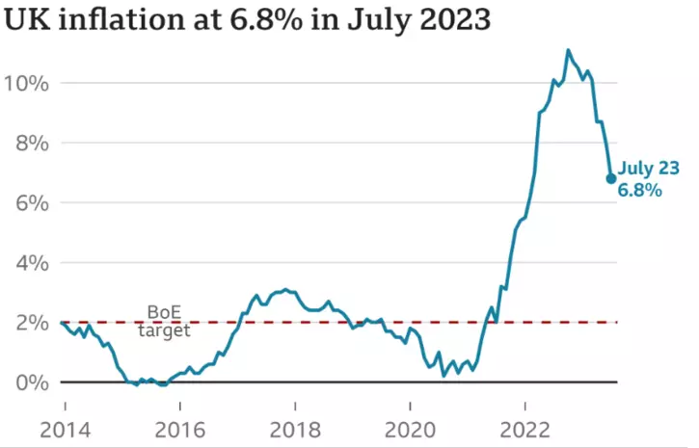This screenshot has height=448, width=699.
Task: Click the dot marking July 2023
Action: coord(611,178)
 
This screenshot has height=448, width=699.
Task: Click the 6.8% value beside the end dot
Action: coord(640,191)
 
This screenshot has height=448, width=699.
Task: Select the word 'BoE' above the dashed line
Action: coord(163,312)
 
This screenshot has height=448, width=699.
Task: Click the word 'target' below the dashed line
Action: coord(163,330)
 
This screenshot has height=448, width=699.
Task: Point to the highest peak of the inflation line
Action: coord(568,50)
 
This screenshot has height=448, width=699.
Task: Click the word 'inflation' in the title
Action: coord(105,19)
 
